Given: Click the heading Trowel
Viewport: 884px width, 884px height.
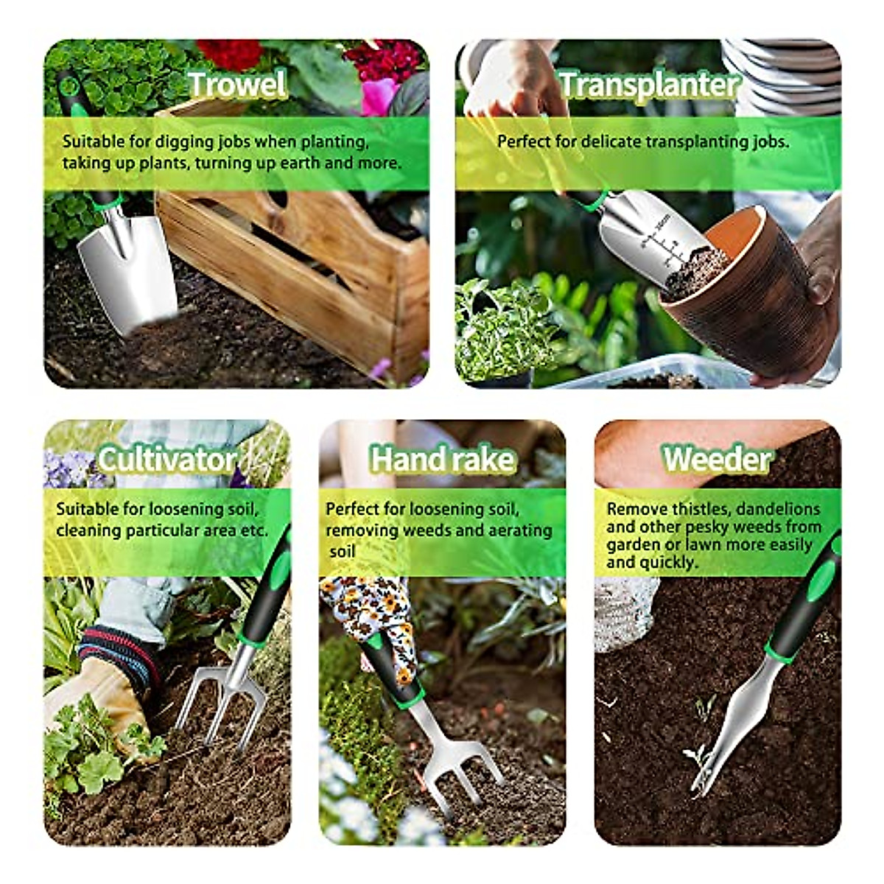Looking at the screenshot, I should point(236,84).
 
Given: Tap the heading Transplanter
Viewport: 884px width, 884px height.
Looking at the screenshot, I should point(648,84).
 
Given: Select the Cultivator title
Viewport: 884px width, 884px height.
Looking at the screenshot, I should point(166,460).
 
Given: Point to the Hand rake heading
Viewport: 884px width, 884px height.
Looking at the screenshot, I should point(442,460).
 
